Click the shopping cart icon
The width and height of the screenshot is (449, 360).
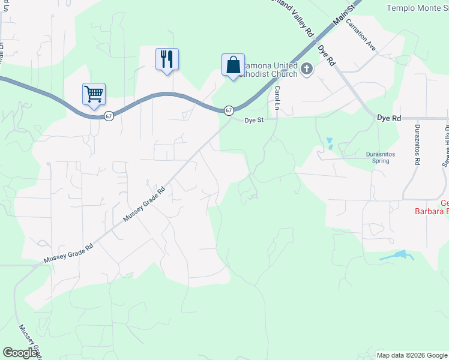(x=94, y=94)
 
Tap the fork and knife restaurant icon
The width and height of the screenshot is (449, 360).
(x=167, y=59)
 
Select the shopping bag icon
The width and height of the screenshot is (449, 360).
(x=233, y=64)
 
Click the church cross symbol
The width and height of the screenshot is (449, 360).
(x=306, y=69)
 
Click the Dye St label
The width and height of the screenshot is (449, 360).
(x=255, y=120)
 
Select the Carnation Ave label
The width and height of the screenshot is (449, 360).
(x=364, y=38)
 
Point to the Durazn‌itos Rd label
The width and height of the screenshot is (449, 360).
(x=416, y=143)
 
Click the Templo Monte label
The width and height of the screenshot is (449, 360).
(x=417, y=8)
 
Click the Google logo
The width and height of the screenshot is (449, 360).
(x=20, y=353)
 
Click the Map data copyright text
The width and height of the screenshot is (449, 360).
(x=412, y=355)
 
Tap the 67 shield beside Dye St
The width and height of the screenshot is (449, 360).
(x=229, y=110)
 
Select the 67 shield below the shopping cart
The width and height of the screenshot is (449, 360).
(x=108, y=116)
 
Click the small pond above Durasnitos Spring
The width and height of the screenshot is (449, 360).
(x=329, y=144)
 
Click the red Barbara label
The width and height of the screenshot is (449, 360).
(x=432, y=211)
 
